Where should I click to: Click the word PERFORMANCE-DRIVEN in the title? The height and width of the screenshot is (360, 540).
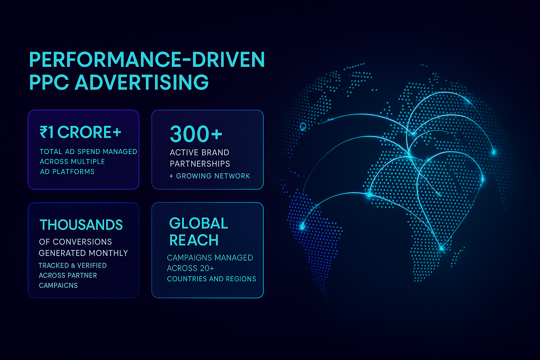147,59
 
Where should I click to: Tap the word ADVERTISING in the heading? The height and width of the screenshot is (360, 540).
142,82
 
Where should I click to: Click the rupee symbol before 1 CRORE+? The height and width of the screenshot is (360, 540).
43,132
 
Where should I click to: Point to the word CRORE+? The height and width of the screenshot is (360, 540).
89,132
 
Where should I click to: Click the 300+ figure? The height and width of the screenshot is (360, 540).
196,134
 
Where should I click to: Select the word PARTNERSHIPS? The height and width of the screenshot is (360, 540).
200,164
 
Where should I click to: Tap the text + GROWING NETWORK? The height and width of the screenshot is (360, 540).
210,176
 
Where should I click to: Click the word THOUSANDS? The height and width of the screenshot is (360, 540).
81,225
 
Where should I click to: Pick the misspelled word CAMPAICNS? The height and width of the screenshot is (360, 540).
58,285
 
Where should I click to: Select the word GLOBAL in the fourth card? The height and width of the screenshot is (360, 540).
199,223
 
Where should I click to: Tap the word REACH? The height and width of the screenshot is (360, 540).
194,240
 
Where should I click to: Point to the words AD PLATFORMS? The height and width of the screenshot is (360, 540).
67,172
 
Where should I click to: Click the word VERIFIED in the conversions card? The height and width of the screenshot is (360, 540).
92,265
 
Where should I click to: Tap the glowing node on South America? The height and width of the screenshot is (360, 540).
302,227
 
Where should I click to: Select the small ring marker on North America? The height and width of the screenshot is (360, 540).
303,126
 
